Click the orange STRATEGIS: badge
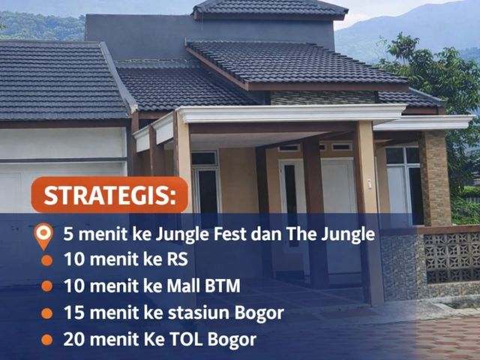[109, 195]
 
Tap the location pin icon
[43, 236]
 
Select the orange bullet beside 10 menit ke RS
[46, 260]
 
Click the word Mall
[183, 286]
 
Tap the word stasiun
[198, 313]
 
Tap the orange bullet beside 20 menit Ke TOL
[46, 340]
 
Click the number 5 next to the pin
[68, 235]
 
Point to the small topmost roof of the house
[270, 8]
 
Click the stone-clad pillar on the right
[435, 178]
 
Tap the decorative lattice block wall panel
[451, 257]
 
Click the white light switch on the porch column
[370, 184]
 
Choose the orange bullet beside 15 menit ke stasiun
[46, 313]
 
